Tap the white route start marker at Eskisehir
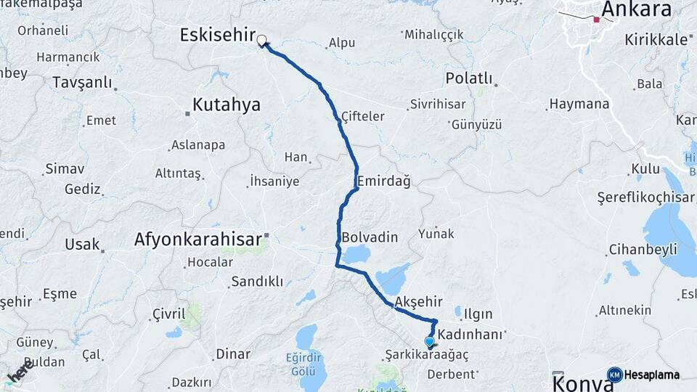point(261,41)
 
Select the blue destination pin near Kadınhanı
point(429,341)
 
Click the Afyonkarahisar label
point(197,240)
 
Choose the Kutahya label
point(226,105)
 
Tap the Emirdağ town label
point(383,181)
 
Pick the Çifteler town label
point(362,116)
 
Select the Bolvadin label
point(370,237)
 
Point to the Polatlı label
point(469,78)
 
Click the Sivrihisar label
point(437,104)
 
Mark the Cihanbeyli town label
point(643,250)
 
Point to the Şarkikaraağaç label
point(427,355)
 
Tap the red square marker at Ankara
point(596,20)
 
